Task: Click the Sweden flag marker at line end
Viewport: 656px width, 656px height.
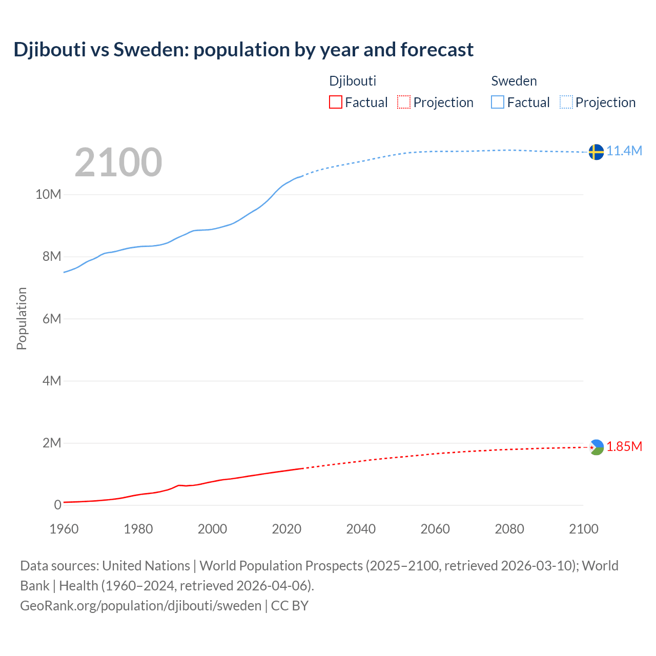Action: (x=596, y=152)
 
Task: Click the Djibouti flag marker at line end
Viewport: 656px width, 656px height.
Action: (x=596, y=447)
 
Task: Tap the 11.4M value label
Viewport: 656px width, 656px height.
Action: (x=624, y=151)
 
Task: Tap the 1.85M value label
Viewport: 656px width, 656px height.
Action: (x=624, y=446)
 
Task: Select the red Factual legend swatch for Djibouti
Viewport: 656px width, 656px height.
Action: (x=335, y=102)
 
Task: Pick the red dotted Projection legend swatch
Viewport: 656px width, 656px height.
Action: (x=404, y=102)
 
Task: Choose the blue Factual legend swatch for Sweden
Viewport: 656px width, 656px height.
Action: (x=498, y=102)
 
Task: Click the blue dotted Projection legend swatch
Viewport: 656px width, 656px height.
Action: (x=566, y=102)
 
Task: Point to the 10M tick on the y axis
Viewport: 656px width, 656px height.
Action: (x=48, y=194)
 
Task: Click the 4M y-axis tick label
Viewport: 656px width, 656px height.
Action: (x=52, y=381)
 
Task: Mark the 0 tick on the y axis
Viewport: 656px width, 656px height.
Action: (x=57, y=505)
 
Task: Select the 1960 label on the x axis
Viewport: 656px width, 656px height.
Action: (x=64, y=529)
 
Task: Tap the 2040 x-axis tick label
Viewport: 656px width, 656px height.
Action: (x=361, y=529)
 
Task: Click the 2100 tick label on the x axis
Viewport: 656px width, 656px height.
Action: (x=583, y=529)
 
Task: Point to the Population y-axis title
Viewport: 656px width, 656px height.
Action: (x=22, y=318)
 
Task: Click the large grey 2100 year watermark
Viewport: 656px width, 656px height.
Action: (x=118, y=162)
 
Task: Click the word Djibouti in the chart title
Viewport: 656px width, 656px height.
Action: (x=50, y=50)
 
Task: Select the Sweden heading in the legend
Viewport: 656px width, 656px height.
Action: (x=514, y=81)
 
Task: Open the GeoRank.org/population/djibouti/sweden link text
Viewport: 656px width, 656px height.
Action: (x=141, y=605)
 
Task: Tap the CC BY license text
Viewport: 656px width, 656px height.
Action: (x=290, y=605)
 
